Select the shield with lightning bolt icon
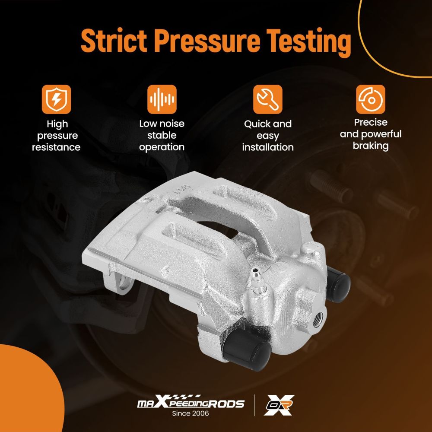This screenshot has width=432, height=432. [x=57, y=99]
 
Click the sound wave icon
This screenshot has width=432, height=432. [x=162, y=99]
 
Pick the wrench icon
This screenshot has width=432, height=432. [x=267, y=99]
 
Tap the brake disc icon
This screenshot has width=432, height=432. [x=371, y=99]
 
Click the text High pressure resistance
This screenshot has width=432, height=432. [x=57, y=136]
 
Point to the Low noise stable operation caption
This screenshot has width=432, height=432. [x=162, y=135]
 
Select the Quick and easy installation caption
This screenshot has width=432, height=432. [x=268, y=136]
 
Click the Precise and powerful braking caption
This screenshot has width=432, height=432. [x=371, y=134]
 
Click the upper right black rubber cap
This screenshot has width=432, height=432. [x=338, y=283]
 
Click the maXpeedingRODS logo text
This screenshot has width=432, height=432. [x=191, y=402]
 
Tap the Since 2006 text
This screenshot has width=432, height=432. [x=191, y=413]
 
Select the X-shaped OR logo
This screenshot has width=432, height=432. [x=279, y=405]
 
